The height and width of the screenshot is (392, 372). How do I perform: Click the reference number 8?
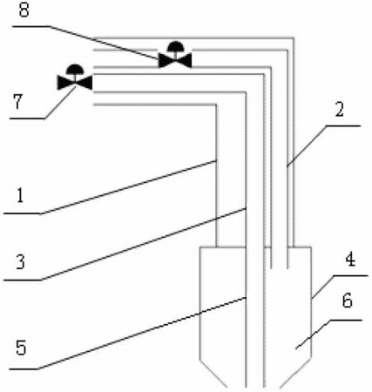24,10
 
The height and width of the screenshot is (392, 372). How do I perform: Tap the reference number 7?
18,102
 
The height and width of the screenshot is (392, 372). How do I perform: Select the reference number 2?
340,109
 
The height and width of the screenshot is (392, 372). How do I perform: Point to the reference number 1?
20,195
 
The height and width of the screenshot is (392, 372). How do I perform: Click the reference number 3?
20,262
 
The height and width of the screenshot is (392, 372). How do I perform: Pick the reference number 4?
350,260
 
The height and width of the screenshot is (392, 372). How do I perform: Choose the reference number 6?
348,301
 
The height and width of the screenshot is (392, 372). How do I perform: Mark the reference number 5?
21,348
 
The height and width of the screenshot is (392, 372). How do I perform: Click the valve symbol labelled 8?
175,55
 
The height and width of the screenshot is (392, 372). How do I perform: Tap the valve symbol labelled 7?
75,78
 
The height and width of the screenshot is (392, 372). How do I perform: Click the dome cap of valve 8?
175,45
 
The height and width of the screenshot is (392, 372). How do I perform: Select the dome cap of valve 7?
75,68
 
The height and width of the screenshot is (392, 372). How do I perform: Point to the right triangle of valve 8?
186,61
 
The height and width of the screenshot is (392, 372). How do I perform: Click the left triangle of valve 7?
64,83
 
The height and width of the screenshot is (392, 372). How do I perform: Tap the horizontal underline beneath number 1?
23,213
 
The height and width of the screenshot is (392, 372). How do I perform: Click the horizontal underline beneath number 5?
24,369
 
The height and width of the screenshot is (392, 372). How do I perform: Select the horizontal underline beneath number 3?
22,280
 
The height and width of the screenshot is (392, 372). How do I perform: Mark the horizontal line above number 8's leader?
30,26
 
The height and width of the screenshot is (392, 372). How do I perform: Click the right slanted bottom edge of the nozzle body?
295,372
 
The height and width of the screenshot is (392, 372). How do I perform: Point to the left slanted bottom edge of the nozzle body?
213,372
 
